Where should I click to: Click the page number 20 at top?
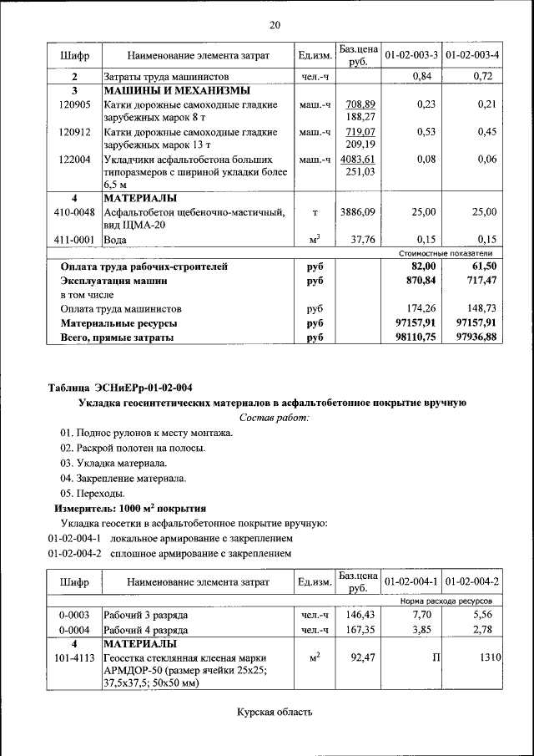click(x=275, y=25)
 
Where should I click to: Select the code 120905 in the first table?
click(x=74, y=104)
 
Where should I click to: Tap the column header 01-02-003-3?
click(x=411, y=55)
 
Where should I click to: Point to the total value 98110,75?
click(x=414, y=337)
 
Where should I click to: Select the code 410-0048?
click(x=74, y=212)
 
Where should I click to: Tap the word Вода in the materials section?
click(x=117, y=240)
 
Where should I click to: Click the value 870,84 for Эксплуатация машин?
click(x=419, y=281)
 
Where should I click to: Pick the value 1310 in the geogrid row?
click(x=488, y=659)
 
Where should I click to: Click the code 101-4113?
click(x=74, y=659)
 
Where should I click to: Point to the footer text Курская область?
click(x=275, y=713)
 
